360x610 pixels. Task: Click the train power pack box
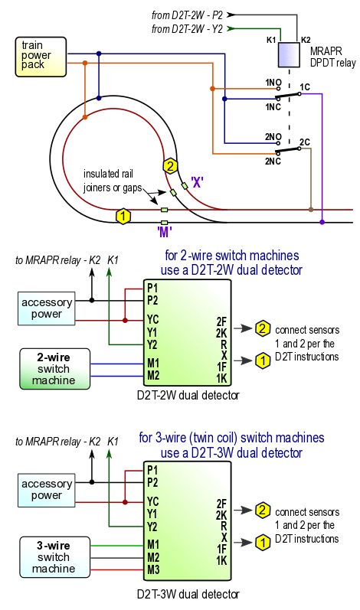(41, 57)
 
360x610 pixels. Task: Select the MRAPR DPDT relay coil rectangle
(289, 55)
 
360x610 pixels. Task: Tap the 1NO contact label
(273, 83)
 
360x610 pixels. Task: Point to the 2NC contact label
(273, 161)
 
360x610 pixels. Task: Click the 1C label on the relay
(305, 86)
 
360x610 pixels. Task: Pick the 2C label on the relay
(305, 142)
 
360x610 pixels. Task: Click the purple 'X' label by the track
(198, 182)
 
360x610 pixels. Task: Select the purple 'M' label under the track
(165, 232)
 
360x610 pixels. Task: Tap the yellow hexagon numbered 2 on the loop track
(170, 167)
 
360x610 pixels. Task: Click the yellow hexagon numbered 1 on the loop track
(123, 217)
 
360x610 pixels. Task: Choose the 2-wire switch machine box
(54, 369)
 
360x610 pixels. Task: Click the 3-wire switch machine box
(54, 557)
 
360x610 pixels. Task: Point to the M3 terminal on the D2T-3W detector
(153, 569)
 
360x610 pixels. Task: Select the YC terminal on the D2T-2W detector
(153, 320)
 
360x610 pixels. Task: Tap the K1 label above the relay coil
(271, 40)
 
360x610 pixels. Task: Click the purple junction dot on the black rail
(322, 222)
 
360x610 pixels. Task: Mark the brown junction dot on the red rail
(310, 210)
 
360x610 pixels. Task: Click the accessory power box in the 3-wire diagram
(46, 490)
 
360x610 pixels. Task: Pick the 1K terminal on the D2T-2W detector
(221, 378)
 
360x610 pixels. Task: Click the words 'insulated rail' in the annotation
(108, 174)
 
